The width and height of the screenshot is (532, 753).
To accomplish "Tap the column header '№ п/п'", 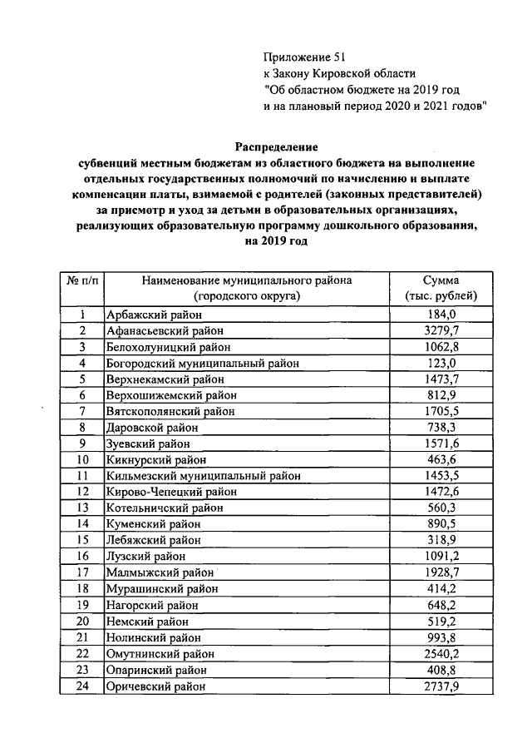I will (x=82, y=280).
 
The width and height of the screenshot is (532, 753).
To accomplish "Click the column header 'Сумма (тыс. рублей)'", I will (x=441, y=288).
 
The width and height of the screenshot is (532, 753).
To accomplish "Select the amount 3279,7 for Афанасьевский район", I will (x=441, y=330).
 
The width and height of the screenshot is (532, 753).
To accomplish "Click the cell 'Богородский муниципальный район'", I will (x=202, y=363).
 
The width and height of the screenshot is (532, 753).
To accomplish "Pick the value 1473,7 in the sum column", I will (x=441, y=379).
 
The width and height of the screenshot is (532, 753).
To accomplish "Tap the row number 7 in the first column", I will (x=83, y=411).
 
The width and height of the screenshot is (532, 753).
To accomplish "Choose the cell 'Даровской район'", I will (x=152, y=427).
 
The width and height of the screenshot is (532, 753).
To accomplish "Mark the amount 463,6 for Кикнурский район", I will (x=441, y=459).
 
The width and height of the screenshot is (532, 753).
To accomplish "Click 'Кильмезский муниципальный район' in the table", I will (x=204, y=476).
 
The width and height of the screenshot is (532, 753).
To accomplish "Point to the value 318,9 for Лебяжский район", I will (x=441, y=540).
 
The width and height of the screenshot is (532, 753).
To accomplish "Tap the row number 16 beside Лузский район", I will (x=83, y=556).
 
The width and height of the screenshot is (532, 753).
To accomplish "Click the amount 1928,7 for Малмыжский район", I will (x=441, y=572).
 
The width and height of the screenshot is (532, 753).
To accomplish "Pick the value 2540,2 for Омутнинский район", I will (x=441, y=653).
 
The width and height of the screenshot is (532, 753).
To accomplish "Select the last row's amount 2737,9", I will (x=441, y=686).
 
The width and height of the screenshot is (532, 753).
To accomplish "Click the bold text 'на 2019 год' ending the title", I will (x=275, y=240).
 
